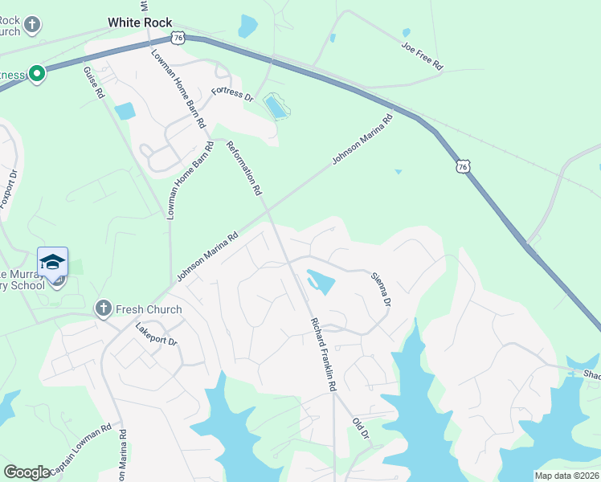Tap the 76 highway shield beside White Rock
point(178,37)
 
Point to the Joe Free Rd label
point(423,54)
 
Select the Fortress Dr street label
point(232,94)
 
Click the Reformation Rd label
point(245,169)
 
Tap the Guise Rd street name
point(93,82)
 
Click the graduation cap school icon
point(52,263)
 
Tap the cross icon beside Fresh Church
point(102,308)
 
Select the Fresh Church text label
point(149,309)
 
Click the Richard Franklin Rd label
point(323,353)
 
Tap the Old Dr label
point(360,427)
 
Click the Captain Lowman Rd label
point(80,449)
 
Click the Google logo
point(27,472)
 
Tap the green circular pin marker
point(37,75)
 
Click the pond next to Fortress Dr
point(276,107)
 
